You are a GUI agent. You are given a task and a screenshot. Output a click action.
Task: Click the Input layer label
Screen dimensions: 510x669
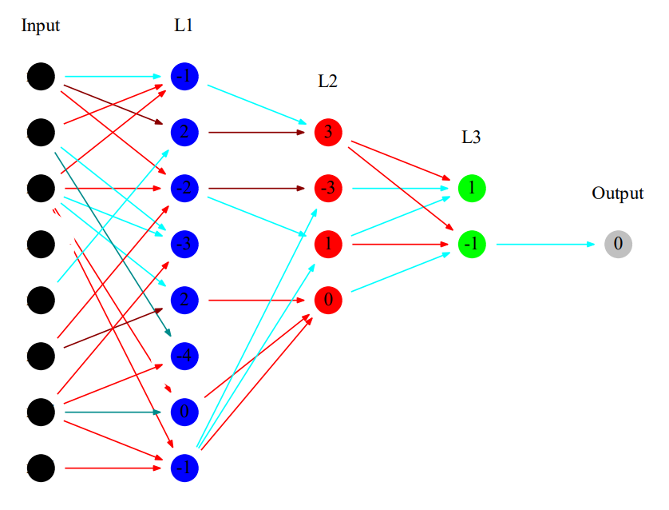click(x=41, y=26)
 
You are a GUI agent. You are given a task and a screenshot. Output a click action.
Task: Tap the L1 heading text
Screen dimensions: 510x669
click(x=184, y=26)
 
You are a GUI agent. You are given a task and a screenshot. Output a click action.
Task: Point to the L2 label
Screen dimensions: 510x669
click(x=327, y=81)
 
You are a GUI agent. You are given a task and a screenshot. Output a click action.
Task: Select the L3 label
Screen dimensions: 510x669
click(x=471, y=137)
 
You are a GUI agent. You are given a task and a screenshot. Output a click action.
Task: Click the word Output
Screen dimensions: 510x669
click(x=617, y=193)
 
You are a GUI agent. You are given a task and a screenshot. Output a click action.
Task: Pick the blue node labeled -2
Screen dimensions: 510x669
click(x=184, y=189)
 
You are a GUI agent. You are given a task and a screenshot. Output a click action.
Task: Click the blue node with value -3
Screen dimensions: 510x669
click(x=184, y=244)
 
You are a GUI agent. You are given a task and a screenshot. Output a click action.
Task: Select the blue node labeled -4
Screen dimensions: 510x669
click(x=184, y=356)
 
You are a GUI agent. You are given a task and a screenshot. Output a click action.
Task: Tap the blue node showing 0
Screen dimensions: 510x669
click(x=184, y=412)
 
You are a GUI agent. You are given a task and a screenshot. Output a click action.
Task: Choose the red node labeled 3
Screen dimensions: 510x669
click(x=328, y=132)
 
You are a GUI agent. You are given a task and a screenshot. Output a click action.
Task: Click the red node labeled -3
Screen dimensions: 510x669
click(x=328, y=189)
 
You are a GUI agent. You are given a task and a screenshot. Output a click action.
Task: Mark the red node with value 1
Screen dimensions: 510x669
click(x=328, y=244)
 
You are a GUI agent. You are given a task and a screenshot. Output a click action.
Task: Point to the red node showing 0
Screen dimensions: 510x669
click(x=328, y=301)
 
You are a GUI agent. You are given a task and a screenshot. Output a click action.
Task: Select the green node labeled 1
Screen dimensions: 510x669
click(x=472, y=189)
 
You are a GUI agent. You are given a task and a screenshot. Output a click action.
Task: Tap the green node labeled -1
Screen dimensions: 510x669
click(x=472, y=244)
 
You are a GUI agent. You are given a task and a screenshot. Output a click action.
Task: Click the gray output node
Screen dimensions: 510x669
click(x=618, y=244)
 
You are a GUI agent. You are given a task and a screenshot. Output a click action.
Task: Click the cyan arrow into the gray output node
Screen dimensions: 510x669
click(x=543, y=244)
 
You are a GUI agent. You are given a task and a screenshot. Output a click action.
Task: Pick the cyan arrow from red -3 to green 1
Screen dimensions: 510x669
click(x=399, y=189)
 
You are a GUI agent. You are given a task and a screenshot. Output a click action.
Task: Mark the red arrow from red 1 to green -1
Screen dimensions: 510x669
click(x=399, y=244)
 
